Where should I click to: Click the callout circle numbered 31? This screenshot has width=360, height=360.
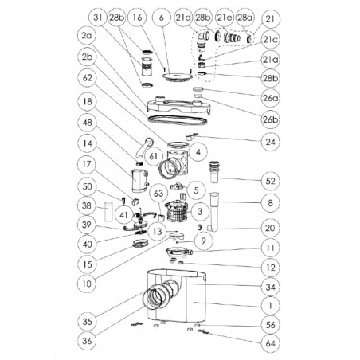(x=96, y=18)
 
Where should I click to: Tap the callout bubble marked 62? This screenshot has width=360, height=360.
(x=88, y=79)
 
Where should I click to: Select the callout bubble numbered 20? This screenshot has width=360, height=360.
(x=271, y=228)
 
